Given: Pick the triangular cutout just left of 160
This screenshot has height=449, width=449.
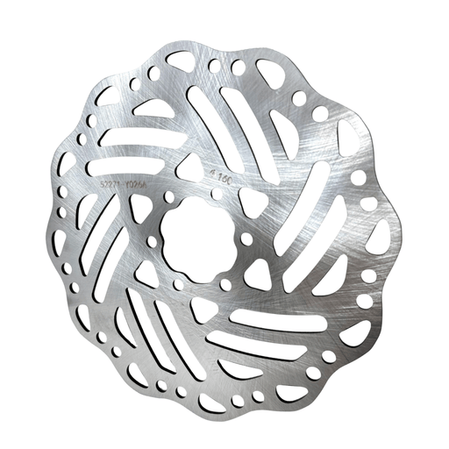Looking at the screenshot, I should coord(189,167).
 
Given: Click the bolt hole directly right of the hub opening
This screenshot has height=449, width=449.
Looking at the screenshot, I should coord(246,239).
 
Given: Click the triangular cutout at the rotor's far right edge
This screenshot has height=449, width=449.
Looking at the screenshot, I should coord(380,237).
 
